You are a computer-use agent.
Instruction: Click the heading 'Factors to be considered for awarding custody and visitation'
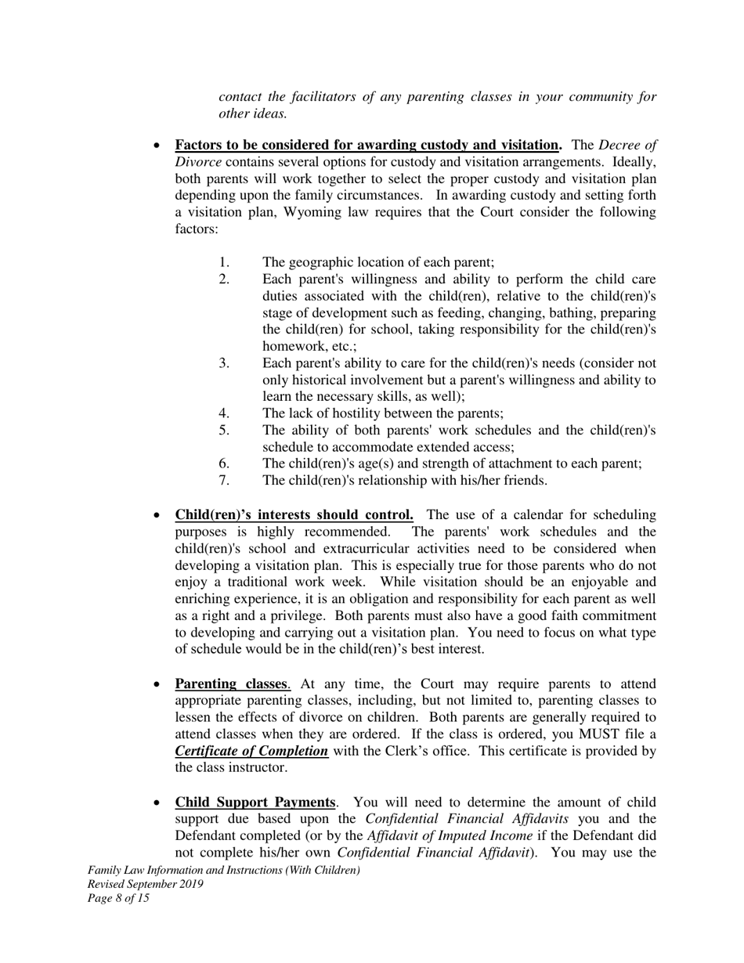pos(367,145)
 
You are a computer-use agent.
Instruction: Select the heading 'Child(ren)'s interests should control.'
pos(294,515)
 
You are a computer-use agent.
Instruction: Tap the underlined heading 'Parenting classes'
pos(230,684)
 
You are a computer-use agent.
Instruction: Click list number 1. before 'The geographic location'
pos(224,263)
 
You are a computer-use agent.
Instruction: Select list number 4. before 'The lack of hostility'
pos(224,413)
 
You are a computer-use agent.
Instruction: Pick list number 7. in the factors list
pos(224,480)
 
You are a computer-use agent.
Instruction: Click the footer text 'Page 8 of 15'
pos(118,898)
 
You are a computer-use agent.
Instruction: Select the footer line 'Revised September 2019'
pos(146,884)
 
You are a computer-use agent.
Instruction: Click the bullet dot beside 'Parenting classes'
pos(157,685)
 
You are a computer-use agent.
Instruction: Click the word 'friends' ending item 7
pos(525,480)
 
